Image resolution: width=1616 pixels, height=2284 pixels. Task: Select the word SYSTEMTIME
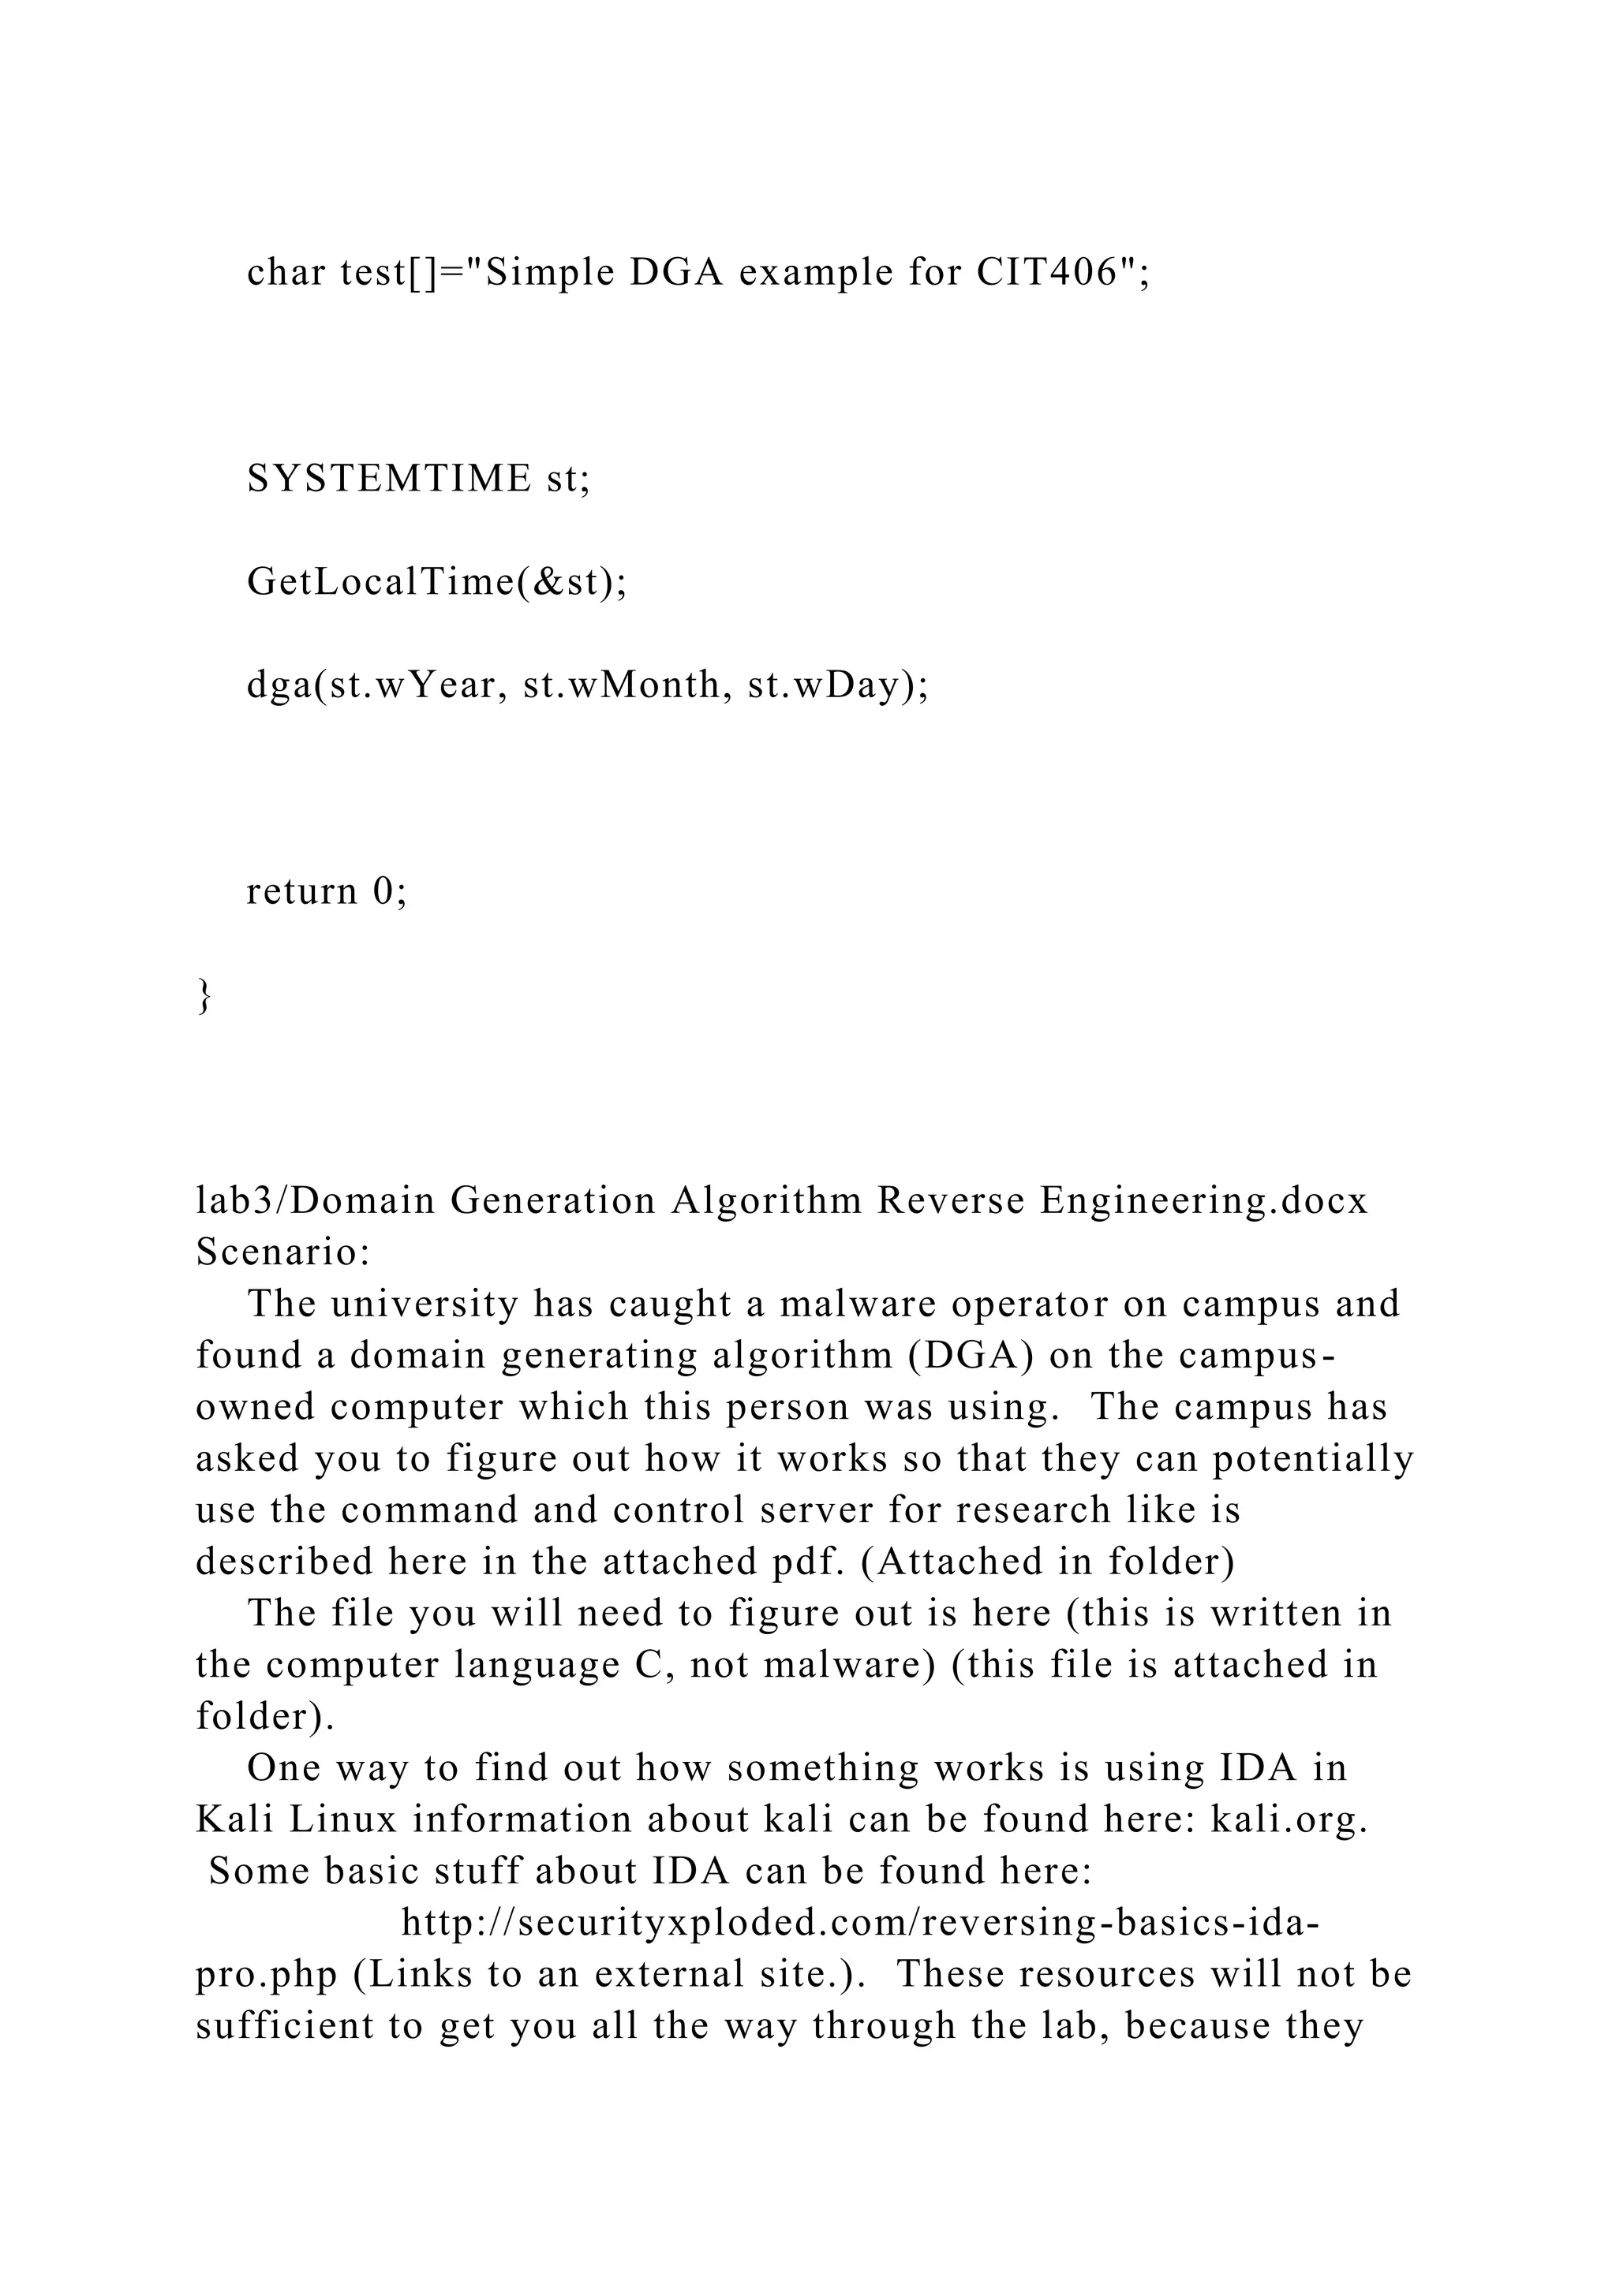click(x=389, y=479)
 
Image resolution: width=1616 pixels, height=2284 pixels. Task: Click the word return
click(x=301, y=890)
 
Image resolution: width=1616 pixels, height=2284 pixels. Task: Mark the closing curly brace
click(x=204, y=994)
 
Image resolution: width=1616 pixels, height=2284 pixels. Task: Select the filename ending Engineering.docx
click(x=1204, y=1200)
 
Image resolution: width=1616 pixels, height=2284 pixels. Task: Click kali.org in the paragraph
click(x=1289, y=1819)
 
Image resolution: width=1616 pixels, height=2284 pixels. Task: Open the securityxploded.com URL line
click(x=861, y=1923)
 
